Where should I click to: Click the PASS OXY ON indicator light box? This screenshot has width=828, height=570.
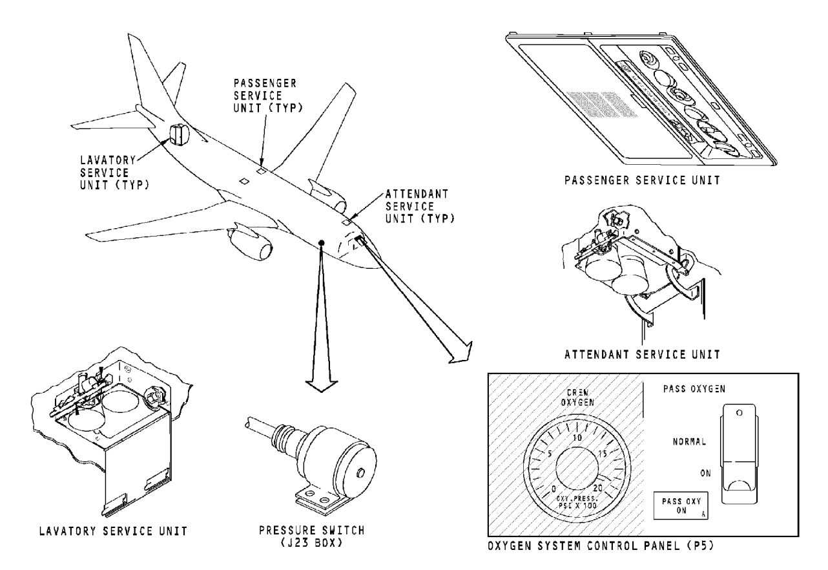click(681, 505)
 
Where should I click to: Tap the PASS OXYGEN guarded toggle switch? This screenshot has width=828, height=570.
click(738, 454)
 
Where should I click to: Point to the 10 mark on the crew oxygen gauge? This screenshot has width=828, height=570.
click(577, 438)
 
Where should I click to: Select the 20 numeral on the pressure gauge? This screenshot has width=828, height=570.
click(597, 488)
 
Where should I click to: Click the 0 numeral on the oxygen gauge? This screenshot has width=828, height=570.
click(554, 489)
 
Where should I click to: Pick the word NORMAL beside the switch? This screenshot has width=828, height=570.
click(689, 441)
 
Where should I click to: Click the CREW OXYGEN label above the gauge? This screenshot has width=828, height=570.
click(577, 397)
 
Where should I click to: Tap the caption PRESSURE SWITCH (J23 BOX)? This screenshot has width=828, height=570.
click(311, 536)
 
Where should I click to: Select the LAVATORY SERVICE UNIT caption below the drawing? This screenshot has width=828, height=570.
click(113, 531)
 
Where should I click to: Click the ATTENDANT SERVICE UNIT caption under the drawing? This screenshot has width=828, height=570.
click(642, 354)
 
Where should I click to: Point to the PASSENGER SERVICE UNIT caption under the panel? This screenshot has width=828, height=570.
click(642, 180)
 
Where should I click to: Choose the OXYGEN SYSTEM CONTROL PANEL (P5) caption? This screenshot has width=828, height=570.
click(601, 546)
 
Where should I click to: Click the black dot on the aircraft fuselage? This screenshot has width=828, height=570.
click(322, 242)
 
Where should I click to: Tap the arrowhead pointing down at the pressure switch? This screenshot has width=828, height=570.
click(321, 386)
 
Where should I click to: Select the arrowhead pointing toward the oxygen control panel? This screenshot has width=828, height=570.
click(462, 354)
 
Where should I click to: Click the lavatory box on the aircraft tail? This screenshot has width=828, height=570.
click(179, 134)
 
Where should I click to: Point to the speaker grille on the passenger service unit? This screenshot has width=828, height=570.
click(602, 104)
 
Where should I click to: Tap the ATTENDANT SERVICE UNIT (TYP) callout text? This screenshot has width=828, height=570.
click(420, 206)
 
